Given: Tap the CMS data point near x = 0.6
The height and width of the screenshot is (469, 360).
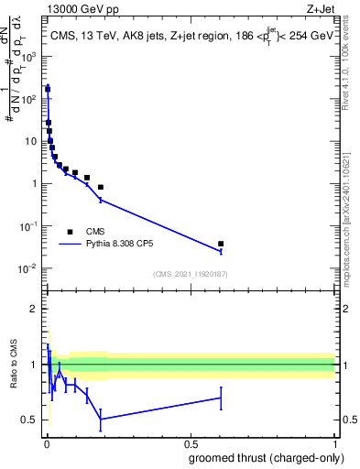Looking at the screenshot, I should click(x=221, y=244).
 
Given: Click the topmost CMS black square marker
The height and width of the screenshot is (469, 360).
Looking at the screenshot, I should click(x=48, y=90).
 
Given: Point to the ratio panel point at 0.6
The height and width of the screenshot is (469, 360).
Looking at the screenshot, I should click(x=221, y=398).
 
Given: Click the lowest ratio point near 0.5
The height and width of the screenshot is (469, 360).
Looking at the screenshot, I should click(x=101, y=419).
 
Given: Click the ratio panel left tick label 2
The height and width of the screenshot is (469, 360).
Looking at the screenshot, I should click(x=34, y=309).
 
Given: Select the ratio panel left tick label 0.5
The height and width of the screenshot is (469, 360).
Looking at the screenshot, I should click(x=30, y=420).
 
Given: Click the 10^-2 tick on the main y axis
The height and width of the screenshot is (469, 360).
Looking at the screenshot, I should click(x=27, y=267).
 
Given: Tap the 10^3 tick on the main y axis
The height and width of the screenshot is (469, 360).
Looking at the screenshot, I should click(x=28, y=57).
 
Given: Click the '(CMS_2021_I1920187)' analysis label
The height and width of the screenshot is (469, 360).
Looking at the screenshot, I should click(x=190, y=274).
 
